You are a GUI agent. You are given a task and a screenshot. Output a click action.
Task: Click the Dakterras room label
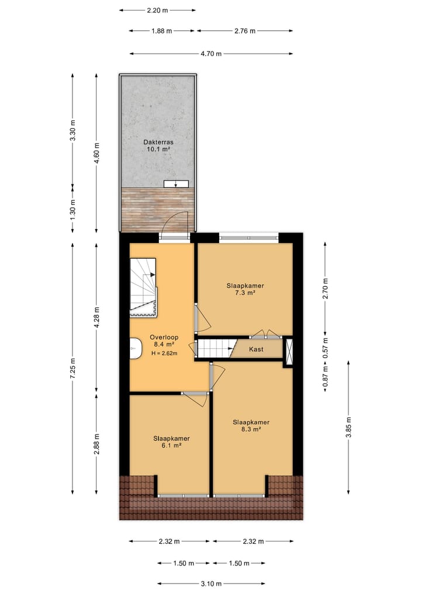tap(158, 145)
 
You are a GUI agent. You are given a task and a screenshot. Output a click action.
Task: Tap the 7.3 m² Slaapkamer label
tap(246, 289)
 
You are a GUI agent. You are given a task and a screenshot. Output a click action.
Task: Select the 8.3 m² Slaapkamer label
tap(251, 425)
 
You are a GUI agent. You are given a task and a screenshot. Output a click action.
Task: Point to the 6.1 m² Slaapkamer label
tap(171, 442)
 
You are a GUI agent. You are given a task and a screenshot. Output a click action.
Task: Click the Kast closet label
tap(256, 349)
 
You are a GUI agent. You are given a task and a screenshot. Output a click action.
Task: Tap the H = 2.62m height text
tap(164, 353)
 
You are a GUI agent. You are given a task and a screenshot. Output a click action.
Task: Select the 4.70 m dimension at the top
tap(211, 54)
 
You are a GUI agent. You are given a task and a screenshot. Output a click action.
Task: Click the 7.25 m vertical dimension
tap(73, 368)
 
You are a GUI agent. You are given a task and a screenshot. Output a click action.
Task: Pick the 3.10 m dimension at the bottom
tap(211, 583)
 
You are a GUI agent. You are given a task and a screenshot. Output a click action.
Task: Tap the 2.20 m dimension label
tap(157, 10)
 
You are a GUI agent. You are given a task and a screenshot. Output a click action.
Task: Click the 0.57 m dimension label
tap(326, 349)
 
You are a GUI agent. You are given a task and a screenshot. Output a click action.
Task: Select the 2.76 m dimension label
tap(244, 31)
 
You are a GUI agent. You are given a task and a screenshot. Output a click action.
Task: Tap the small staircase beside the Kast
tap(215, 348)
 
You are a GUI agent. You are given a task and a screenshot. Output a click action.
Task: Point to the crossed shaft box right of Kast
tap(288, 351)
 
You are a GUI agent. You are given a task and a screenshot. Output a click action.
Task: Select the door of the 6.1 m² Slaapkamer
tap(195, 398)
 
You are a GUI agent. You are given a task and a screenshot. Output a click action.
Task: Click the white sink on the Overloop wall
tap(135, 348)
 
